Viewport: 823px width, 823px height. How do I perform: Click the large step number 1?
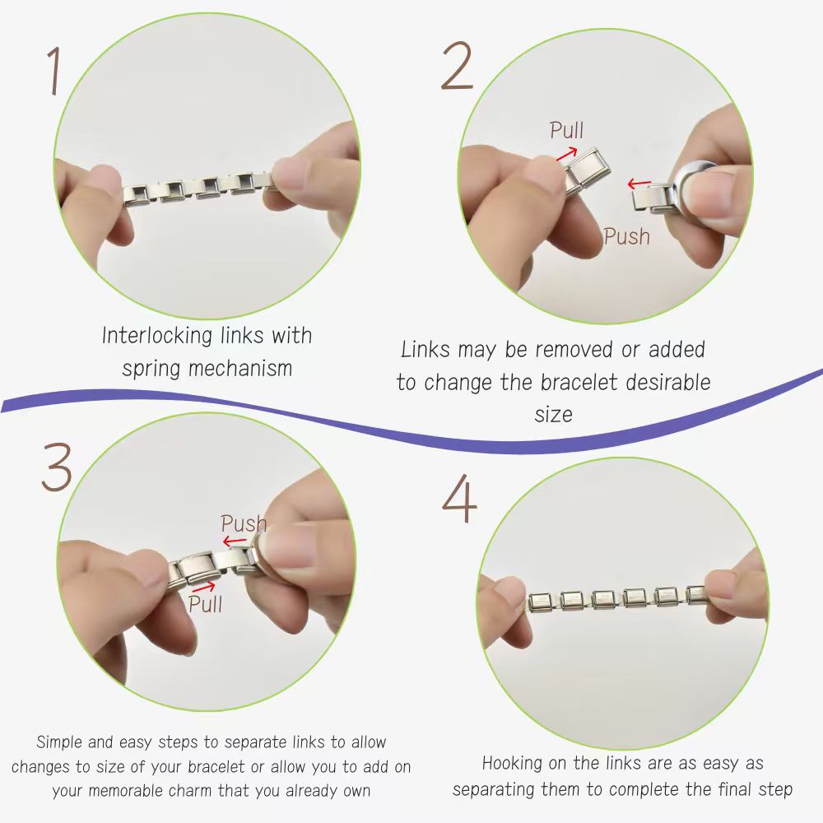click(53, 71)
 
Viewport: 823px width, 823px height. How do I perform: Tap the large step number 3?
click(57, 467)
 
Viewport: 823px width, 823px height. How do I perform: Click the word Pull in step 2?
click(566, 130)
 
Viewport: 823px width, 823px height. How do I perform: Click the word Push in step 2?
click(626, 236)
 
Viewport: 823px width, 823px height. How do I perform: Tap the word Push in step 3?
click(244, 523)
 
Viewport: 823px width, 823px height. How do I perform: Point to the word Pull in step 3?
click(205, 603)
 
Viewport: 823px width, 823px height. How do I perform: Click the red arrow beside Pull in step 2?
click(566, 154)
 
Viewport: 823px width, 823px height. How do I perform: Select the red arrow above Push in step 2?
click(639, 184)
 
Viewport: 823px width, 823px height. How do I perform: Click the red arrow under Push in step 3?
click(234, 541)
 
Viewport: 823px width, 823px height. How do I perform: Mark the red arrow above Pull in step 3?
click(203, 587)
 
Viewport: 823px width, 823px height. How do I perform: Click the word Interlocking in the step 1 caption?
click(157, 336)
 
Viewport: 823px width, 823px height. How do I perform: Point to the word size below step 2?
click(553, 415)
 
